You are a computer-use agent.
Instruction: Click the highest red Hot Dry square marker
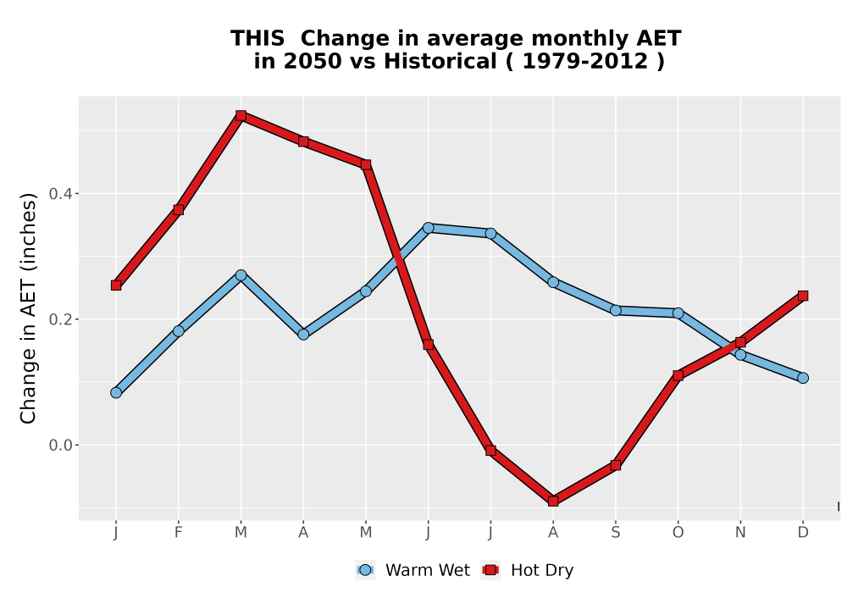(241, 115)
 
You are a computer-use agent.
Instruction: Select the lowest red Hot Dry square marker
(552, 502)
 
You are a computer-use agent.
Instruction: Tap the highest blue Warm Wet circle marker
(429, 228)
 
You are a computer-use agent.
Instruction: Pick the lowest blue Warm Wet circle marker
(116, 392)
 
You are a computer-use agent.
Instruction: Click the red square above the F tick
(178, 209)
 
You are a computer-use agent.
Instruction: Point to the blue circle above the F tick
(178, 331)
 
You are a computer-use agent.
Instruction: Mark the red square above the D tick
(803, 296)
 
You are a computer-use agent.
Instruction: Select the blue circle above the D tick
(803, 378)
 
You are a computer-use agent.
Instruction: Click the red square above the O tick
(678, 375)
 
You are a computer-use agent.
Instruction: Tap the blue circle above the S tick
(615, 311)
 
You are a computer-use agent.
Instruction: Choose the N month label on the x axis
(740, 533)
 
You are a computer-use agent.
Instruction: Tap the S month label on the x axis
(615, 533)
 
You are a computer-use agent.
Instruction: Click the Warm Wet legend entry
(412, 570)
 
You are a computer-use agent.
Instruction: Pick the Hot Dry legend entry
(527, 570)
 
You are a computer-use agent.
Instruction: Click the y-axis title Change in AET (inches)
(28, 308)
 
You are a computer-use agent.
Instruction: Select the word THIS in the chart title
(257, 39)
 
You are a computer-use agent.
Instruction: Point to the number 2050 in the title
(313, 62)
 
